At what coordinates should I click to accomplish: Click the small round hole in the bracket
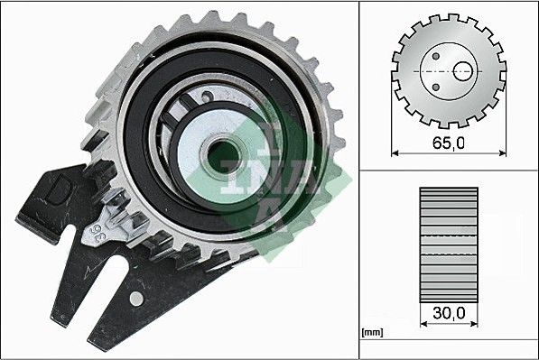(135, 298)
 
